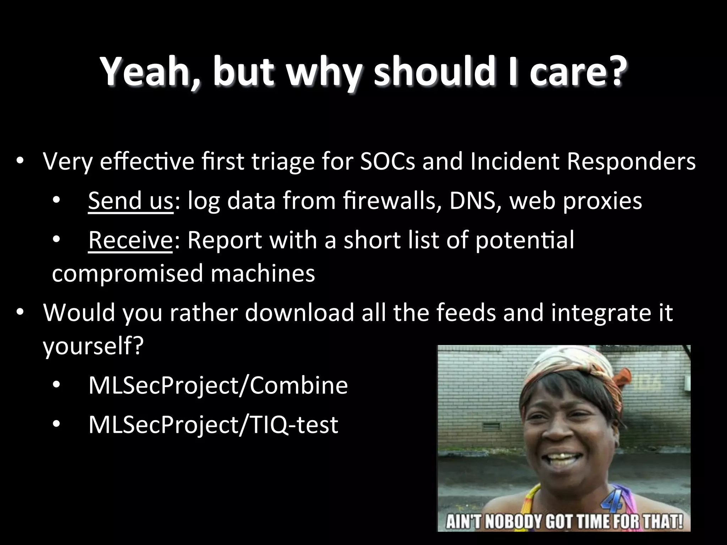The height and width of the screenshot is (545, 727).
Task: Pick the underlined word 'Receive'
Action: point(130,240)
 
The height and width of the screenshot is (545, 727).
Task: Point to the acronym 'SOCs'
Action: point(387,161)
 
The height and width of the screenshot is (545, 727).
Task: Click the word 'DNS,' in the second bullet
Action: point(475,200)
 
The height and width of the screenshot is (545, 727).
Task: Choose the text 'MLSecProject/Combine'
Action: point(218,386)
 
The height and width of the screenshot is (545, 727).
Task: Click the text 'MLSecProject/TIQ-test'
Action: point(213,425)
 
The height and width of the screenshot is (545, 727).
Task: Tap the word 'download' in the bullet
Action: point(299,313)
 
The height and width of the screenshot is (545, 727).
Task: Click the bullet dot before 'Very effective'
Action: point(20,161)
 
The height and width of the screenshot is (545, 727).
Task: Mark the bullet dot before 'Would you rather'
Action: point(20,313)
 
